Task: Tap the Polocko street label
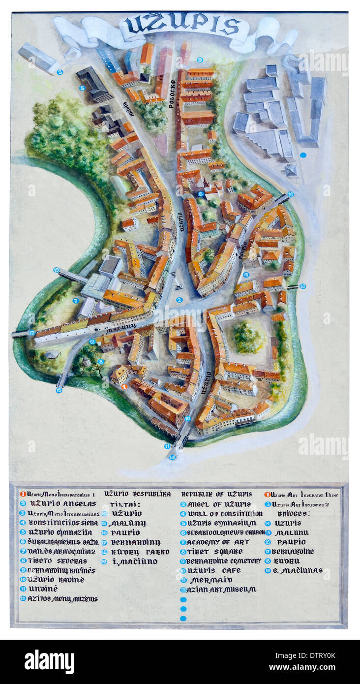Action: point(172,93)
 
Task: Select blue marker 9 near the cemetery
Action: point(200,60)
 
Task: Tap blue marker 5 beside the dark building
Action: point(82,88)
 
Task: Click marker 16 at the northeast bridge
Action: point(291,194)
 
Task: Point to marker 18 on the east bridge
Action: point(302,286)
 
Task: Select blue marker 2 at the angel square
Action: point(180,300)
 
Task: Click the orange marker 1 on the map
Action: point(124,387)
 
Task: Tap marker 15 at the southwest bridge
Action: point(59,390)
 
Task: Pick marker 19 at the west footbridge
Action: point(57,270)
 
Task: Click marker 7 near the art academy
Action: point(76,300)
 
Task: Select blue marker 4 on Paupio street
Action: point(246,275)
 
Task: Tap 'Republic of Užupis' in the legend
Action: point(216,494)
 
